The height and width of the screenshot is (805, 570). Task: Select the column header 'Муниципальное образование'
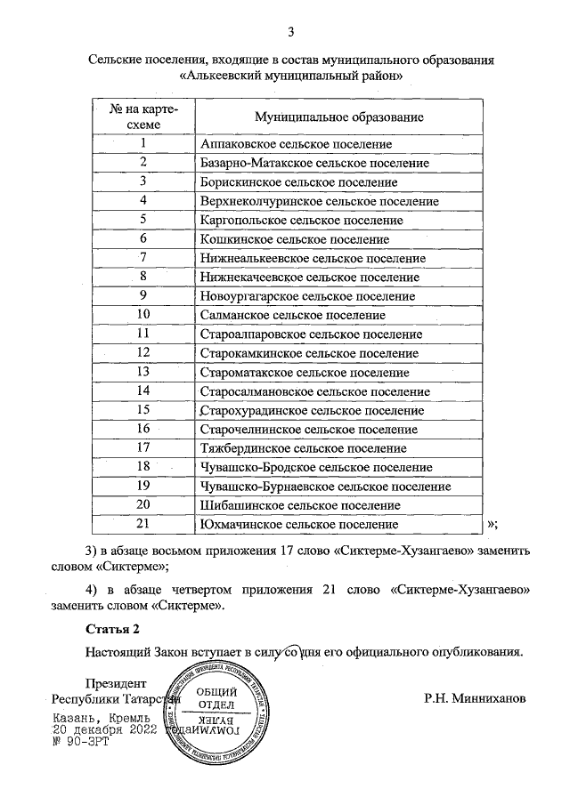[338, 117]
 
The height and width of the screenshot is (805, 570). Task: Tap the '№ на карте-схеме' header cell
[142, 117]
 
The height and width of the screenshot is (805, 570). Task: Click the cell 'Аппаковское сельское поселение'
[297, 143]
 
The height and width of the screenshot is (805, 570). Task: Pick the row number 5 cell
[142, 220]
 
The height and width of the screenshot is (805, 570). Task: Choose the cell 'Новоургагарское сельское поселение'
[308, 296]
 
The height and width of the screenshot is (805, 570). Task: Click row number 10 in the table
[142, 315]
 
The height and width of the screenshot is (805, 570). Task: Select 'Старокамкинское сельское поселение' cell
[309, 353]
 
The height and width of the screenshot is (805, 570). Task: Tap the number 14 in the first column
[142, 391]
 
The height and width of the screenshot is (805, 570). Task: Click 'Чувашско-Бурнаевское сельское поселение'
[326, 487]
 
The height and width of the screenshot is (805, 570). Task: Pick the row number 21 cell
[142, 525]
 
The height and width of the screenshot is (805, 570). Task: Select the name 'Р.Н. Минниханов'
[476, 699]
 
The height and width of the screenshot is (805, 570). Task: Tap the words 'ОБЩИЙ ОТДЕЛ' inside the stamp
[216, 699]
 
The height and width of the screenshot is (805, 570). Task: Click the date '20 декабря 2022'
[105, 729]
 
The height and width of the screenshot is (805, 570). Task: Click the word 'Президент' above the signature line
[115, 684]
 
